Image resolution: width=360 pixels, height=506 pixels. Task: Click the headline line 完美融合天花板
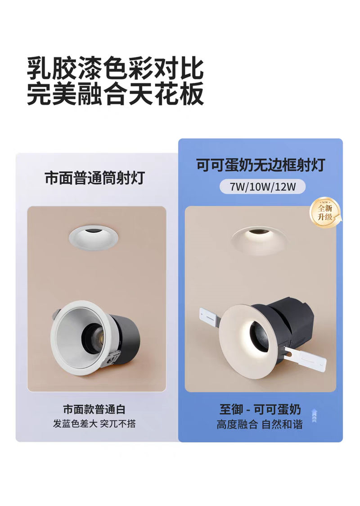pyautogui.click(x=116, y=93)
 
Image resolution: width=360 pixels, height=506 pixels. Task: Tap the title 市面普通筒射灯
pyautogui.click(x=95, y=178)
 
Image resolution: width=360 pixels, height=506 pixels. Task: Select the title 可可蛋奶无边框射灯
pyautogui.click(x=260, y=165)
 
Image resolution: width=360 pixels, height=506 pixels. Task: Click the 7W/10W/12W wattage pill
pyautogui.click(x=262, y=186)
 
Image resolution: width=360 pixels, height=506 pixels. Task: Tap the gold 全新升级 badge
pyautogui.click(x=325, y=212)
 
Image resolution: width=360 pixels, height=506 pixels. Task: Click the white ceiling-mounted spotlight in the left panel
pyautogui.click(x=93, y=237)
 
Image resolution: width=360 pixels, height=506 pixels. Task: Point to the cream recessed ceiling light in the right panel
pyautogui.click(x=259, y=240)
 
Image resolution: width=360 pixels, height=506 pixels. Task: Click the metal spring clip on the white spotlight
pyautogui.click(x=108, y=359)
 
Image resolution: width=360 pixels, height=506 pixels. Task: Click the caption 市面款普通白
pyautogui.click(x=94, y=409)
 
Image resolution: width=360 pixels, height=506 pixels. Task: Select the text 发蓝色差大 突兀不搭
pyautogui.click(x=94, y=423)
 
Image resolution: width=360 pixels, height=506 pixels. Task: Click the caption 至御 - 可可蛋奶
pyautogui.click(x=260, y=410)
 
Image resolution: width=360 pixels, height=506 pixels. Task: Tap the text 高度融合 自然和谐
pyautogui.click(x=260, y=424)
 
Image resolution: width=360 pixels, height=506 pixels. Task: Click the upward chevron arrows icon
pyautogui.click(x=315, y=416)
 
